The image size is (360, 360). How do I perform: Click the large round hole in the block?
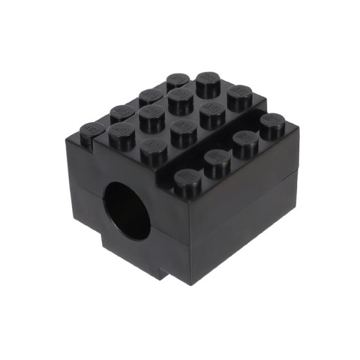tap(127, 209)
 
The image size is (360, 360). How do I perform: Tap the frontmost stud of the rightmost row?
tap(188, 180)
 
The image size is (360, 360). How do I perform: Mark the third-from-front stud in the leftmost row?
tap(150, 97)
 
